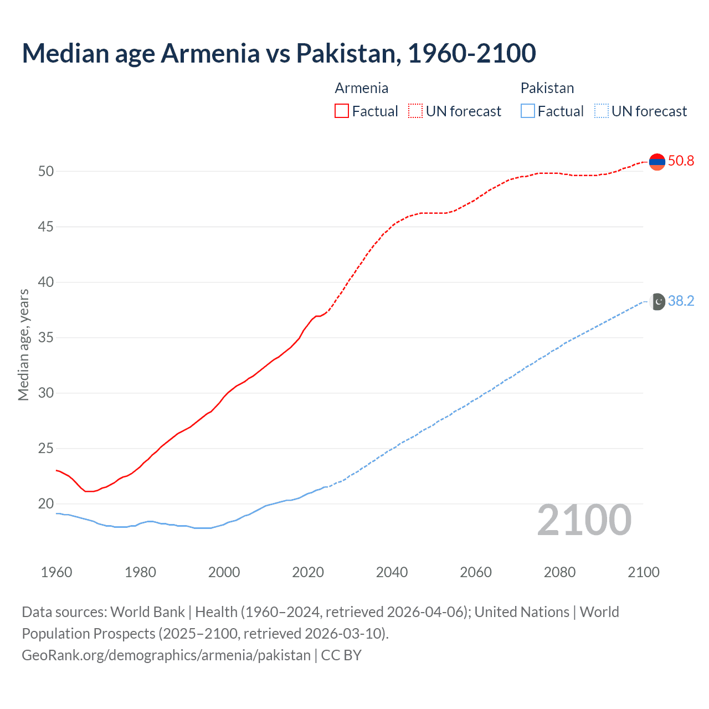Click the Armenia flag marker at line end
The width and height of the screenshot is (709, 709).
657,162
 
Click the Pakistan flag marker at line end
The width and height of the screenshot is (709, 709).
657,301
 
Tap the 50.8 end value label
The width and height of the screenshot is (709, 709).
681,161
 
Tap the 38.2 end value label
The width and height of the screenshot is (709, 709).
681,301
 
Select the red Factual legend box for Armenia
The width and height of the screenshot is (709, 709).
342,111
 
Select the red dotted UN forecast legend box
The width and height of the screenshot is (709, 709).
415,111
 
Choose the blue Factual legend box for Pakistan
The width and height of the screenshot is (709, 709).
528,111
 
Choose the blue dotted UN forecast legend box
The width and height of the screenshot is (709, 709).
601,111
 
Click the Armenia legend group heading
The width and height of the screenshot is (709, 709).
361,88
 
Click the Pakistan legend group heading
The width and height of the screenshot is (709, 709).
547,88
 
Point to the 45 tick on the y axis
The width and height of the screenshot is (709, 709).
46,227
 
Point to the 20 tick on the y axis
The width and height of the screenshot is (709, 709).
46,504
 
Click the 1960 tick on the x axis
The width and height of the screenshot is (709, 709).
56,572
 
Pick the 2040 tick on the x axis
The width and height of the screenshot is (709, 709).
392,572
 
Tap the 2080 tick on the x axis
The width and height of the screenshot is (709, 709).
559,572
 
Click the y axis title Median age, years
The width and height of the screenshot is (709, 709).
23,345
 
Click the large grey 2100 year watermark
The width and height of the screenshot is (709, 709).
584,520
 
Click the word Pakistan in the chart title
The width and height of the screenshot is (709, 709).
346,53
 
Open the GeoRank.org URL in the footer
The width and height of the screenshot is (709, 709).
166,655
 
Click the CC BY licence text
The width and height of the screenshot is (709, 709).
341,655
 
